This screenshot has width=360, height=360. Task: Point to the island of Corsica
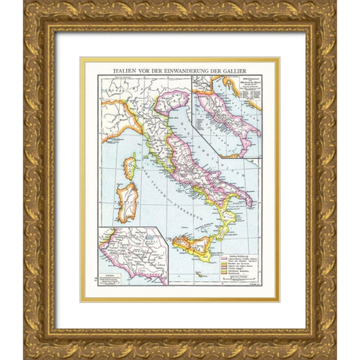(130, 166)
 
